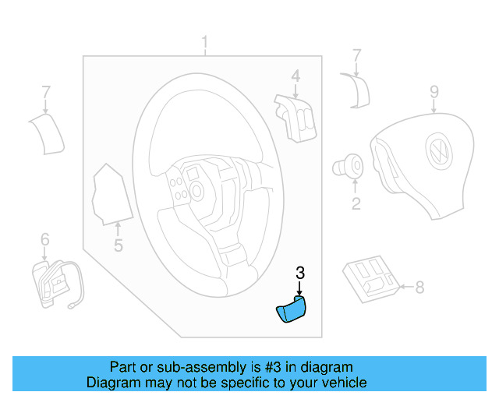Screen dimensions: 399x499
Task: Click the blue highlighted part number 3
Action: click(290, 310)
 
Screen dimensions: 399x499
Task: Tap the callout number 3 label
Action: click(300, 273)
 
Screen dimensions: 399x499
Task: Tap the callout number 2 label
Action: click(356, 205)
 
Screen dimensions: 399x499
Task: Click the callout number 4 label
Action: click(296, 76)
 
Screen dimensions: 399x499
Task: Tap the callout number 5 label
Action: click(118, 247)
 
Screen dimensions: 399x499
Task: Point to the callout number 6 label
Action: click(44, 238)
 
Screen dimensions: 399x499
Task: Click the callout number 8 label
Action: click(419, 288)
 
